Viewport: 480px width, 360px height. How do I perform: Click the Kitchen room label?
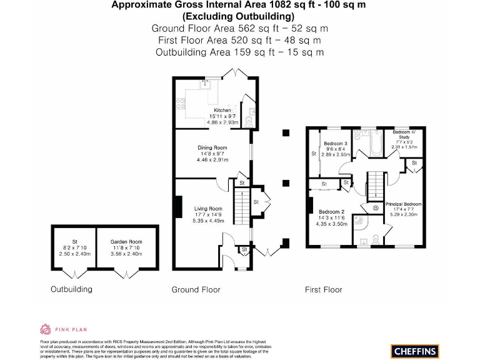click(222, 110)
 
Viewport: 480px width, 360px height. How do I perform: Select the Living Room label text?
click(208, 209)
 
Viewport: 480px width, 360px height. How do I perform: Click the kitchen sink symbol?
click(204, 84)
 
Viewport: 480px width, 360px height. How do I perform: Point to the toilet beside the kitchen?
click(250, 120)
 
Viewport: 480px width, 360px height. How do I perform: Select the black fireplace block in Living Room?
click(178, 207)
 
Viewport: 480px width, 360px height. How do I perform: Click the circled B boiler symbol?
click(376, 208)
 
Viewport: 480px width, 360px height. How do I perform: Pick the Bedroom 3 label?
click(336, 144)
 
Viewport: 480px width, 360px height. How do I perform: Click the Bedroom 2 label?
click(331, 211)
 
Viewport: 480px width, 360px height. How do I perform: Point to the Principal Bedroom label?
click(403, 204)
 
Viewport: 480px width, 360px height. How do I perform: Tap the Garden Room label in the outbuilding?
click(126, 242)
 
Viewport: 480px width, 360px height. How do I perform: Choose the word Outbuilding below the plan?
click(71, 289)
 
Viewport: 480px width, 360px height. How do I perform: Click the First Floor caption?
click(323, 289)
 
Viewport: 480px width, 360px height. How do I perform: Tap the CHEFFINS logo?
click(414, 351)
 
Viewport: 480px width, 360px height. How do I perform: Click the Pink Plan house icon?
click(45, 329)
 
